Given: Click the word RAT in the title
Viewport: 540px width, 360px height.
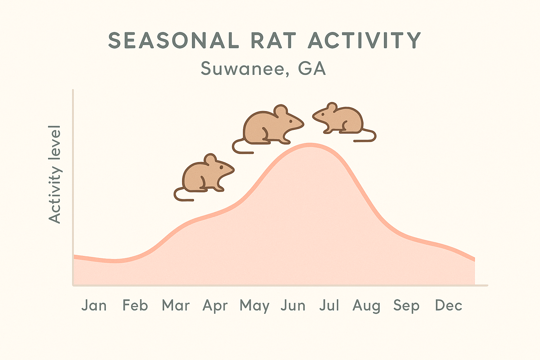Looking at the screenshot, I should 273,40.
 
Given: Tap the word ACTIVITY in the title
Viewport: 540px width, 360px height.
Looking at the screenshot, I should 365,40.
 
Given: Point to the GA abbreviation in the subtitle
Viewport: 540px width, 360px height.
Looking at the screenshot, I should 312,68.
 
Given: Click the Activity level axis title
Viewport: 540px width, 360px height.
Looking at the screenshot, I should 55,174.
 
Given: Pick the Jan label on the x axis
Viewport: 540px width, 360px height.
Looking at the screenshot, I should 94,305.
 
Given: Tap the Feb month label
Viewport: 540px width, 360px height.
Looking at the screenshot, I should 135,305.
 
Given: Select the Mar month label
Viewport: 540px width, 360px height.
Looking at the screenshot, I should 176,305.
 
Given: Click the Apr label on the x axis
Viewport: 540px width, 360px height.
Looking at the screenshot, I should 215,306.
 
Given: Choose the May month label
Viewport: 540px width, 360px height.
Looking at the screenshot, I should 255,306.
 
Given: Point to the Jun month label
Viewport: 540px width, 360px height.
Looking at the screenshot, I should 293,305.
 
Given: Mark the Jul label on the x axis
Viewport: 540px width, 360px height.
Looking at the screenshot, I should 329,305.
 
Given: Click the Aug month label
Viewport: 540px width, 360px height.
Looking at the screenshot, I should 366,306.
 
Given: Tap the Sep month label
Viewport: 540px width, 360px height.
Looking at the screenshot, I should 406,306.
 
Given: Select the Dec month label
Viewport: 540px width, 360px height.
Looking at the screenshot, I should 449,305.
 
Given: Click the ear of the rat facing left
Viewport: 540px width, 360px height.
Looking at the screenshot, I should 332,107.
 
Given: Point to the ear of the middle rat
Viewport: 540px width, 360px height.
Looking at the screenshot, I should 281,111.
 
